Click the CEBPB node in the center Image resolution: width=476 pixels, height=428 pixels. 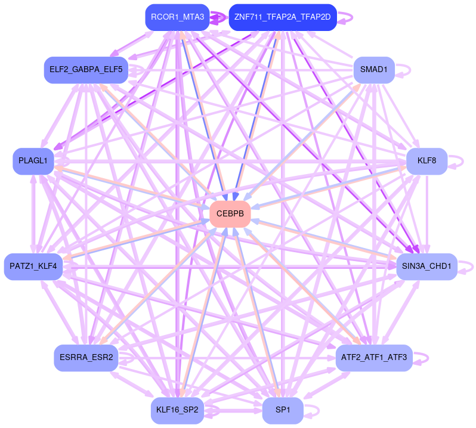[230, 213]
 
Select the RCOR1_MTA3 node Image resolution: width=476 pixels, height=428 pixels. [178, 17]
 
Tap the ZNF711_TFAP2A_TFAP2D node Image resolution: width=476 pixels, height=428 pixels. [283, 17]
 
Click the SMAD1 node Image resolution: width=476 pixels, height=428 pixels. [374, 70]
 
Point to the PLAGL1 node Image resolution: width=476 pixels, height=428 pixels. [34, 162]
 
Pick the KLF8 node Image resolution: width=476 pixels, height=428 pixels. [426, 161]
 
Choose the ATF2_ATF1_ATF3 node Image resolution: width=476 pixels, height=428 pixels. [374, 358]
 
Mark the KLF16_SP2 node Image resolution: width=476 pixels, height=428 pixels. [178, 411]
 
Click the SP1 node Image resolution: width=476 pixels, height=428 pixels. [283, 411]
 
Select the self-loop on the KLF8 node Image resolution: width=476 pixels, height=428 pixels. [458, 161]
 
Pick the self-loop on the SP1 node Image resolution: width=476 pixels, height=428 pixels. [314, 411]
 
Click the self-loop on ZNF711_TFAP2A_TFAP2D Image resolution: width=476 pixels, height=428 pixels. [348, 17]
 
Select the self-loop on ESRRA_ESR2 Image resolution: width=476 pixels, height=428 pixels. [129, 358]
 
